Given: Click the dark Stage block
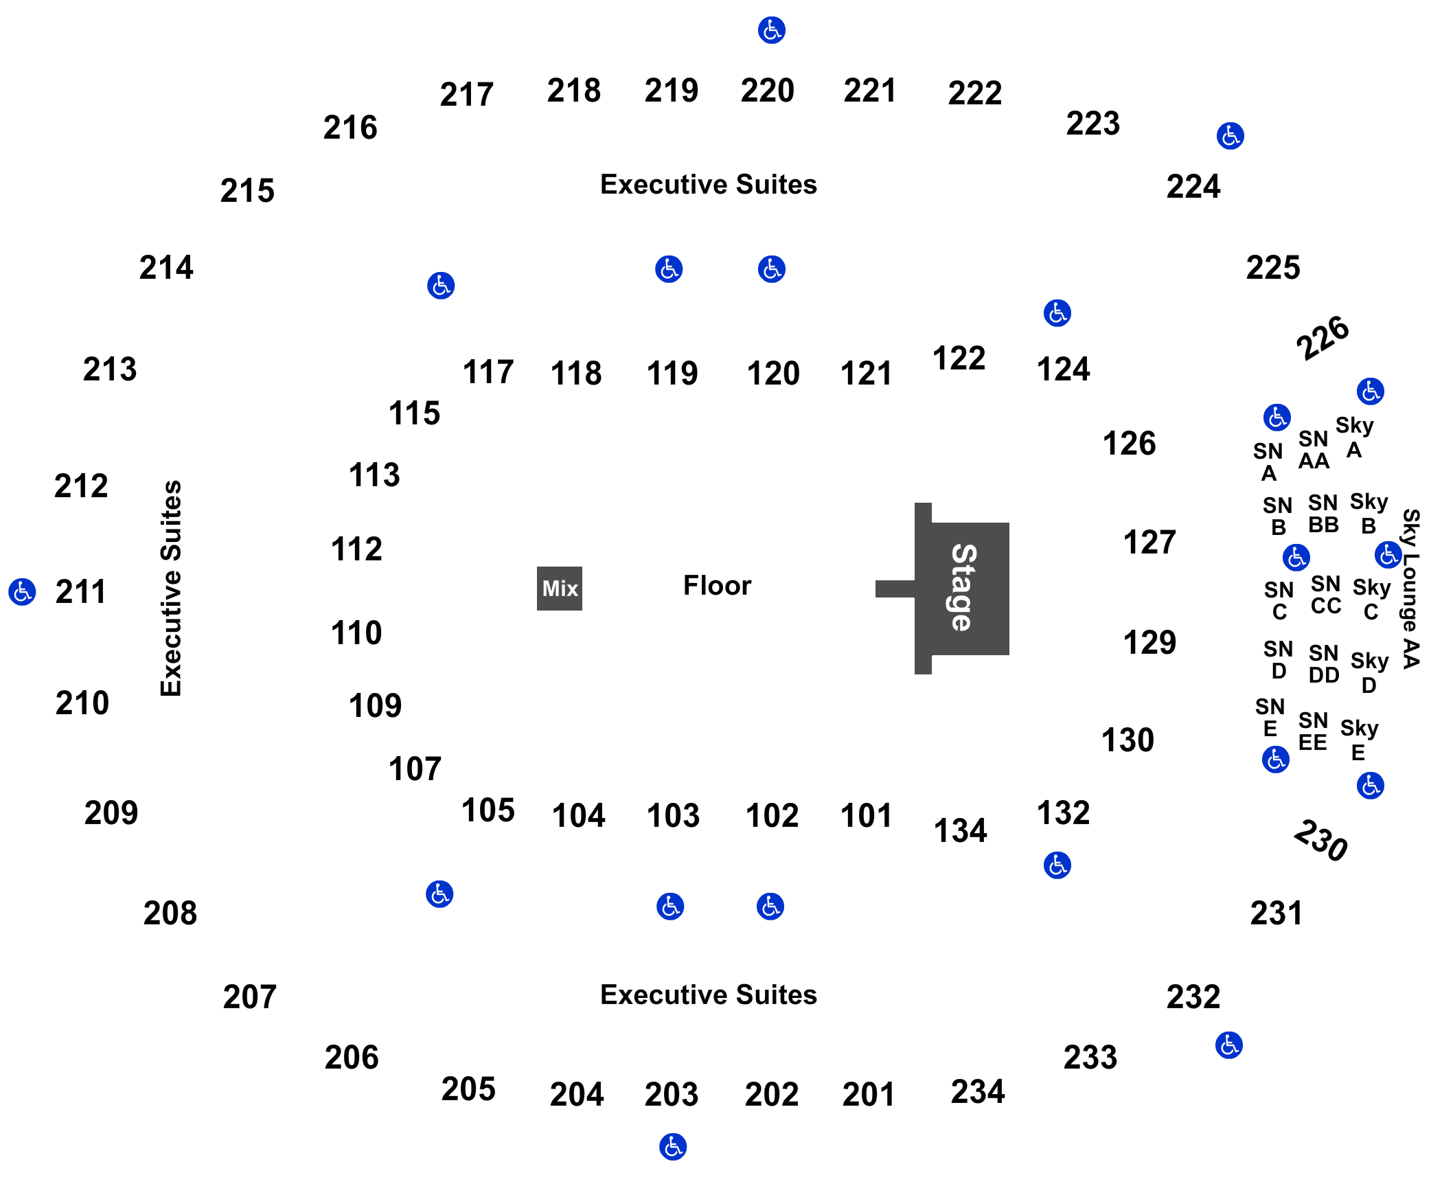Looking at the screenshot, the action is pyautogui.click(x=962, y=589).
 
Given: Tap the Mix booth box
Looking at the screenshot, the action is pyautogui.click(x=560, y=589).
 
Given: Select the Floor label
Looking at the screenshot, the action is pyautogui.click(x=717, y=586).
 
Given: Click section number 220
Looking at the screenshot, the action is pyautogui.click(x=768, y=91).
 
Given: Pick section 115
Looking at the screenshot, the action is pyautogui.click(x=414, y=413).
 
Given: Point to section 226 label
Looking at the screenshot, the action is pyautogui.click(x=1323, y=337).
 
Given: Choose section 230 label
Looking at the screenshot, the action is pyautogui.click(x=1320, y=840).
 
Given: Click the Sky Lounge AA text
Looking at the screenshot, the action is pyautogui.click(x=1410, y=589).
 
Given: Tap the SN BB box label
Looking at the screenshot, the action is pyautogui.click(x=1323, y=514).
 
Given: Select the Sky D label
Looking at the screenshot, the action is pyautogui.click(x=1369, y=673).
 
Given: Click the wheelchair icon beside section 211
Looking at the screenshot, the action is pyautogui.click(x=22, y=591).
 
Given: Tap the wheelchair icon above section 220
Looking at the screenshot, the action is pyautogui.click(x=772, y=30).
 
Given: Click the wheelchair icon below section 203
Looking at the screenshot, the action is pyautogui.click(x=673, y=1147).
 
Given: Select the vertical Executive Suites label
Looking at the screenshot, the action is pyautogui.click(x=171, y=589).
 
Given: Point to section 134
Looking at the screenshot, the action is pyautogui.click(x=960, y=831).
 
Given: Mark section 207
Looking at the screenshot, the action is pyautogui.click(x=250, y=997).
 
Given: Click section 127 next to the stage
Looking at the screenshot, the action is pyautogui.click(x=1149, y=543).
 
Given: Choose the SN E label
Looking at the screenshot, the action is pyautogui.click(x=1270, y=718).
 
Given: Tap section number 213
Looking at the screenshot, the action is pyautogui.click(x=110, y=369).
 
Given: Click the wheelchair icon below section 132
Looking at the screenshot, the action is pyautogui.click(x=1057, y=865).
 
